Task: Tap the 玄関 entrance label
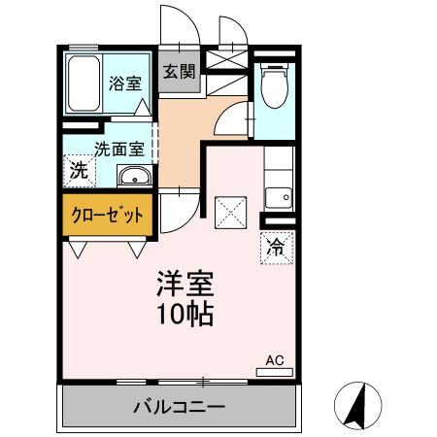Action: [178, 71]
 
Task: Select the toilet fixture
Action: [275, 86]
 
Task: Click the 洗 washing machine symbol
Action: [77, 170]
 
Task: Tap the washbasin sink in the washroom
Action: [133, 176]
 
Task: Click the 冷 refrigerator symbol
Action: [275, 247]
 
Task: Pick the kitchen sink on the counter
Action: [279, 194]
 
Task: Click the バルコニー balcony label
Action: [180, 406]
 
